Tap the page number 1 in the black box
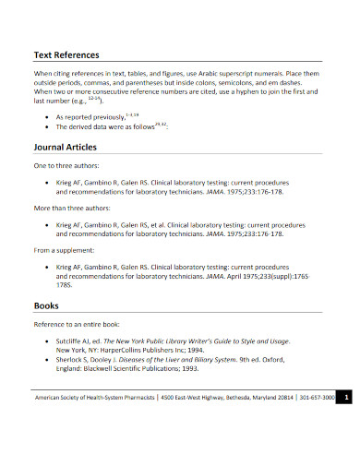344,398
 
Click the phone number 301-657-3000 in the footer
316,398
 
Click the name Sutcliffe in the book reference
73,341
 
